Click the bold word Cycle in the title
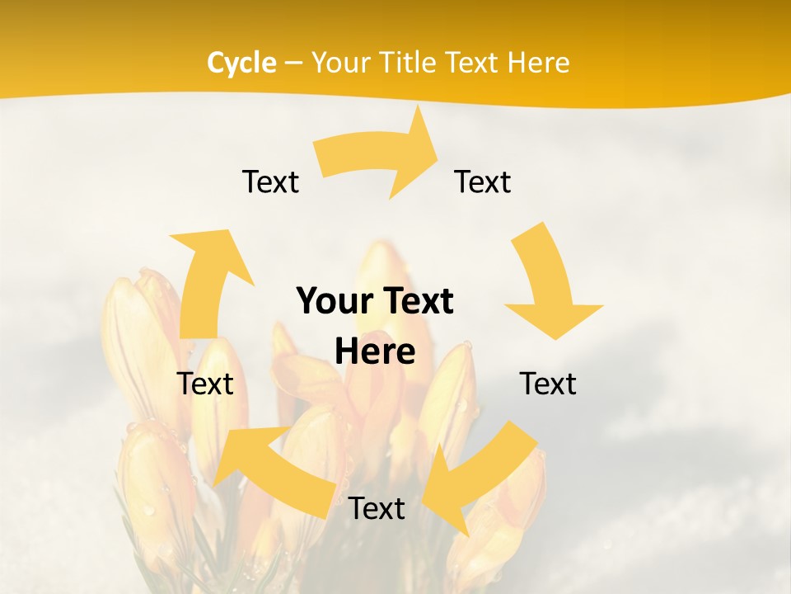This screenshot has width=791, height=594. tap(241, 63)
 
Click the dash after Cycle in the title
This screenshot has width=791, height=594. tap(293, 64)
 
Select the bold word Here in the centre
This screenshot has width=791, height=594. tap(375, 352)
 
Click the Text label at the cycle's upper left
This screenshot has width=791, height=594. tap(270, 181)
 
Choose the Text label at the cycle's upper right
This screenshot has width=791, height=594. tap(483, 181)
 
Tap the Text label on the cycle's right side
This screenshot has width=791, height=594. tap(548, 384)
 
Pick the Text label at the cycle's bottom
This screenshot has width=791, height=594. tap(377, 509)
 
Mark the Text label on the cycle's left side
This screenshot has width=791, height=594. tap(205, 384)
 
